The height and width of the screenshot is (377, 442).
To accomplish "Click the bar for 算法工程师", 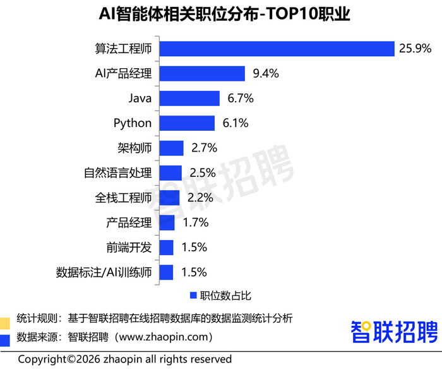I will click(277, 49).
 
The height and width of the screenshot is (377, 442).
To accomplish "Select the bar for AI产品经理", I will click(202, 74).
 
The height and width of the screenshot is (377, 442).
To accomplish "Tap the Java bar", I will click(189, 99).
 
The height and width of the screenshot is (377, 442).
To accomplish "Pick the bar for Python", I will click(187, 123).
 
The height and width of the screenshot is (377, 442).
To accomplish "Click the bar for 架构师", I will click(171, 148).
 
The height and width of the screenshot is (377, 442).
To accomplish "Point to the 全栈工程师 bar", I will click(169, 198).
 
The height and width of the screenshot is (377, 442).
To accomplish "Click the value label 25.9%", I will click(415, 49).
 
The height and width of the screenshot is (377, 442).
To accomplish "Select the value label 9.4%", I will click(266, 74).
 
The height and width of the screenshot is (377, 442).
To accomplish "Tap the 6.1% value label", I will click(236, 123).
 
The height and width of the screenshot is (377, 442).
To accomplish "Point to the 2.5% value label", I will click(202, 173).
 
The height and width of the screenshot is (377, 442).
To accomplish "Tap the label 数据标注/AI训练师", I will click(104, 273).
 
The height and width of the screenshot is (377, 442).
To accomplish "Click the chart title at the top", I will click(220, 14).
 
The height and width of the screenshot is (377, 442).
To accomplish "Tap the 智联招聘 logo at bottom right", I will click(393, 331).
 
